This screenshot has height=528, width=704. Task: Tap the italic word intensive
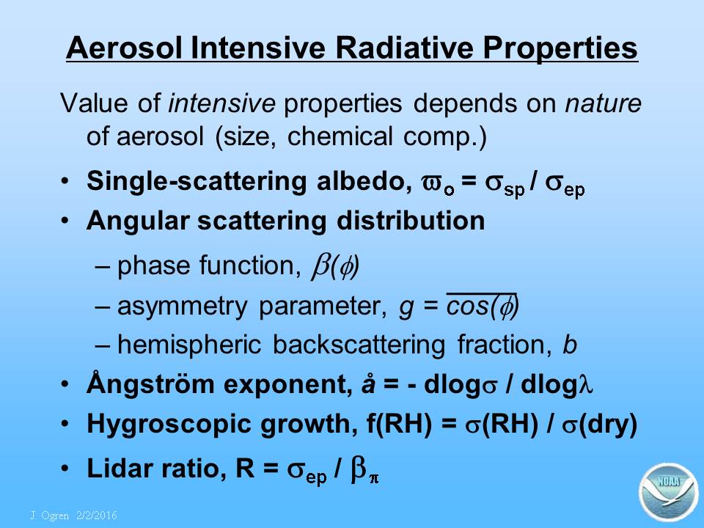click(221, 103)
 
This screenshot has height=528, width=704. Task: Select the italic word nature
click(603, 104)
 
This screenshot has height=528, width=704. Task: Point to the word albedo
click(364, 181)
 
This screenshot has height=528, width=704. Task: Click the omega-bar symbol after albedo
click(437, 185)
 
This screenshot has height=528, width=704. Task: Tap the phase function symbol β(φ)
click(335, 267)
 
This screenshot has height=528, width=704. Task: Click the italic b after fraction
click(570, 345)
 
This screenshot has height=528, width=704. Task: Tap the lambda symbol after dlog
click(585, 385)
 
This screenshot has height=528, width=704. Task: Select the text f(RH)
click(399, 425)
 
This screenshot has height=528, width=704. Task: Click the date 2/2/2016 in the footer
click(97, 515)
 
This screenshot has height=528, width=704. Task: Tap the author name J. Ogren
click(50, 516)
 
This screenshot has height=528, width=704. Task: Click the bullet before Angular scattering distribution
click(65, 221)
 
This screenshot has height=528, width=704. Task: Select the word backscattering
click(359, 345)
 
